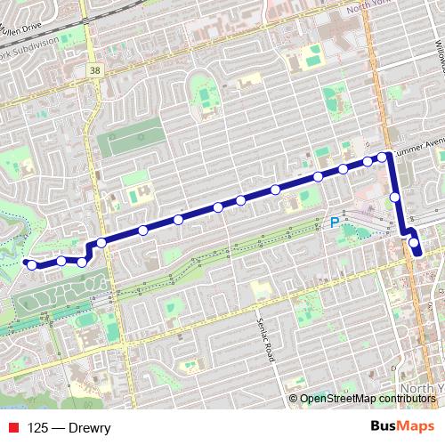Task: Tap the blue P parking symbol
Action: (335, 223)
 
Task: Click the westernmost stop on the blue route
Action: (31, 264)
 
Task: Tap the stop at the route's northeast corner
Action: (383, 158)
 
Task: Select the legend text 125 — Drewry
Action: (69, 428)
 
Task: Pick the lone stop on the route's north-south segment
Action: (395, 197)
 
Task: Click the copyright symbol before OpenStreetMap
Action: (293, 399)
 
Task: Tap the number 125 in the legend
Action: (38, 428)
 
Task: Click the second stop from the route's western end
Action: (61, 261)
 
